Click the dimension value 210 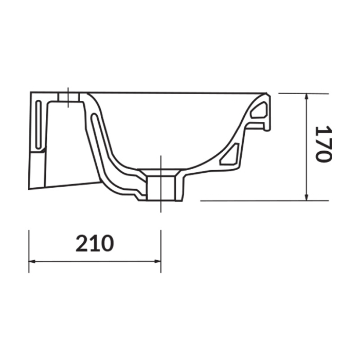[94, 243]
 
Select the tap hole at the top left [68, 97]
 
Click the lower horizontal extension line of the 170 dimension [257, 201]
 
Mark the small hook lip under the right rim [266, 127]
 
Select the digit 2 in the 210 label [82, 243]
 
